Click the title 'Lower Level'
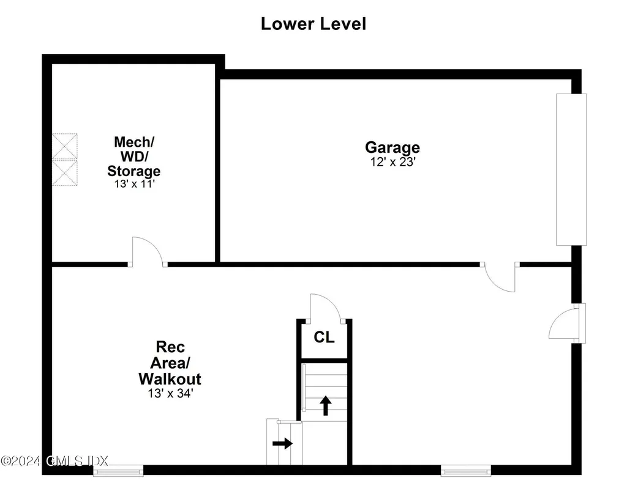coord(313,24)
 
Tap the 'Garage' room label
coord(392,147)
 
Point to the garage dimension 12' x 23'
coord(392,162)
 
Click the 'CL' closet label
coord(324,337)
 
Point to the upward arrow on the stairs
coord(326,405)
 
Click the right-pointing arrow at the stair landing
coord(282,443)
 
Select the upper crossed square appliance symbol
coord(65,147)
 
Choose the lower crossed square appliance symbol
coord(65,173)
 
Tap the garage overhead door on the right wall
coord(571,169)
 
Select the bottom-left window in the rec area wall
coord(118,470)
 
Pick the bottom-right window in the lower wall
coord(466,470)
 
